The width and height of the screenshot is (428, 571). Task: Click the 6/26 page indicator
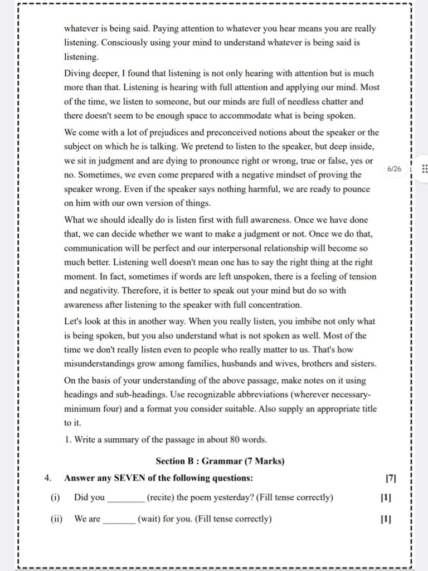pyautogui.click(x=394, y=168)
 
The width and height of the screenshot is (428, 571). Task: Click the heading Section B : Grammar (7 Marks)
pyautogui.click(x=220, y=461)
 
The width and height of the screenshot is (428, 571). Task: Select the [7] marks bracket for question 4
pyautogui.click(x=391, y=478)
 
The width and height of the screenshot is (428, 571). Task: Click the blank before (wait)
pyautogui.click(x=119, y=519)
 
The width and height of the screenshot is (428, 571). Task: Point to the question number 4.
pyautogui.click(x=48, y=478)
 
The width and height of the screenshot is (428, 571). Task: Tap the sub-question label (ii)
pyautogui.click(x=56, y=519)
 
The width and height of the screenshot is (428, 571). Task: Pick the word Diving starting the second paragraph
pyautogui.click(x=77, y=74)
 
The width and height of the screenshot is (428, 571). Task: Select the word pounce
pyautogui.click(x=354, y=189)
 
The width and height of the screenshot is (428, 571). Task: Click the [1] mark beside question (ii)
pyautogui.click(x=386, y=519)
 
